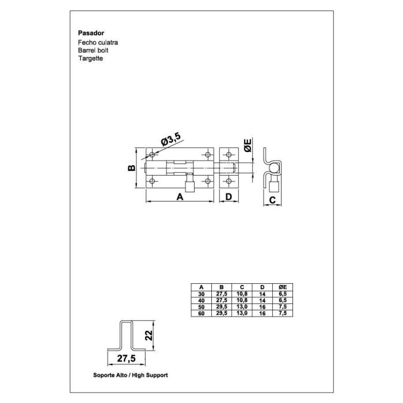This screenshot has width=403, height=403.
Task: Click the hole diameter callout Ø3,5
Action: coord(170,138)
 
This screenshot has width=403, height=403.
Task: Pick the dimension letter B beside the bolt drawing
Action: coord(131,168)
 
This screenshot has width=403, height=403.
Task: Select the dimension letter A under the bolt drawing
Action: coord(180,197)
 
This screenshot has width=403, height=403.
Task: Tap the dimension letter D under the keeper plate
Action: coord(229,197)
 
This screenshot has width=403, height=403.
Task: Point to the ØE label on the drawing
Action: coord(248,146)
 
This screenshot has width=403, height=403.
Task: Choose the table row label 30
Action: coord(201,293)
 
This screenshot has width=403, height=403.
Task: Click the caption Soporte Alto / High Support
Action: coord(130,375)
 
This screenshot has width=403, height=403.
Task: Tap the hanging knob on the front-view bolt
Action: coord(188,185)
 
